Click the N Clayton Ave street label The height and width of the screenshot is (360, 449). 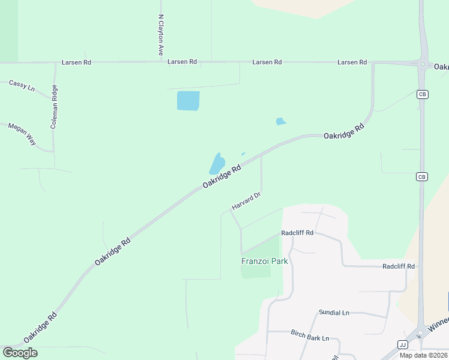pos(161,35)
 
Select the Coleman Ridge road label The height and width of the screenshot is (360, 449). pos(55,107)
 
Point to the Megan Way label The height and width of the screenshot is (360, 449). pos(22,134)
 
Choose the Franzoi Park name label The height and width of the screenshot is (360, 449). pos(265,261)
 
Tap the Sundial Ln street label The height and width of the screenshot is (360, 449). pos(334,313)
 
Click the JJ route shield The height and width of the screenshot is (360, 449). pos(402,344)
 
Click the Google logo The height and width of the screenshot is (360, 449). pos(20,353)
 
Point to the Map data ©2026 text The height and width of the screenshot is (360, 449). pos(423,355)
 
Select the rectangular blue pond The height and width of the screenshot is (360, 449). pos(188,101)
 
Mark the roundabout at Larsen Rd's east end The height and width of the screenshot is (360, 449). pos(423,65)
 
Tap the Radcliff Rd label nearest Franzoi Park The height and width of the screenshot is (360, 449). pos(297,233)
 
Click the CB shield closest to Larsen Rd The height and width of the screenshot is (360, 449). pos(422,94)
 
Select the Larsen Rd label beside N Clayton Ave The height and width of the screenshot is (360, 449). pos(182,62)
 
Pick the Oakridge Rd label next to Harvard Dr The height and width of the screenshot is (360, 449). pos(221,176)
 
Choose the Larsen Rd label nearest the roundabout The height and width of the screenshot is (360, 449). pos(352,62)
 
